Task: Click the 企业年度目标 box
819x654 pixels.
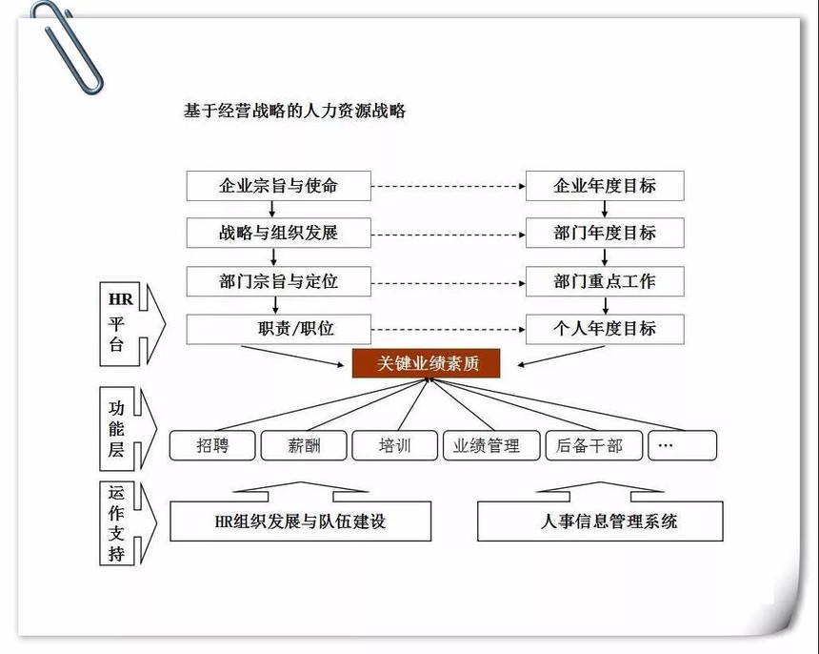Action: click(605, 185)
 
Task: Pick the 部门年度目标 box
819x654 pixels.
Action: click(605, 233)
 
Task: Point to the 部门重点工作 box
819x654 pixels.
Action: click(605, 281)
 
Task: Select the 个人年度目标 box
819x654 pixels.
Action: click(605, 329)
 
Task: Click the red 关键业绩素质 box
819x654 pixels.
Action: click(426, 363)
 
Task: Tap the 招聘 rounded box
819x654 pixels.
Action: click(212, 445)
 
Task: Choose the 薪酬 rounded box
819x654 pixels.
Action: click(304, 445)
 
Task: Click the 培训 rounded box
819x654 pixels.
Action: click(394, 445)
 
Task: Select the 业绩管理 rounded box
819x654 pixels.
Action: click(486, 445)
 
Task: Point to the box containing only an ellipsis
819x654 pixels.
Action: click(682, 445)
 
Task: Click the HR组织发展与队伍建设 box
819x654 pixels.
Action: click(300, 521)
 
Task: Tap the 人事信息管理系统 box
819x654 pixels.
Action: click(600, 521)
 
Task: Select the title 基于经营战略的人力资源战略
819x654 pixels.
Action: click(294, 111)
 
